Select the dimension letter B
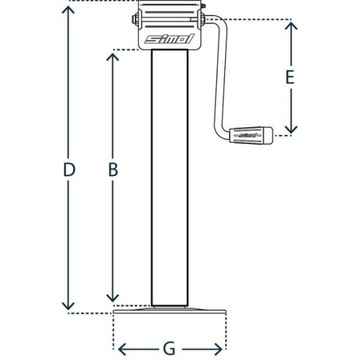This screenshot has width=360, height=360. tap(113, 172)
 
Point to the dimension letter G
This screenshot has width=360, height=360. tap(170, 348)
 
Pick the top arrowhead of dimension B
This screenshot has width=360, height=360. tap(113, 52)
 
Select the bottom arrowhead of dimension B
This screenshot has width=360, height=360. tap(113, 298)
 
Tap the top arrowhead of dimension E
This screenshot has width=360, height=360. tap(290, 24)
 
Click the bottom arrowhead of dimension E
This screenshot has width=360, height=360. tap(290, 128)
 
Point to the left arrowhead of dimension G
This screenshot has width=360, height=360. tap(121, 348)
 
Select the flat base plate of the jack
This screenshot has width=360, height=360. tap(170, 311)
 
